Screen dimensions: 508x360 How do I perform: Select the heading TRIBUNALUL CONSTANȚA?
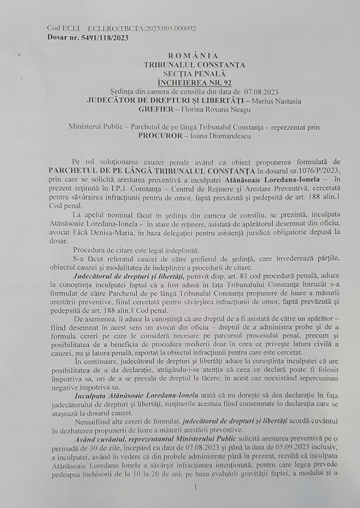(194, 64)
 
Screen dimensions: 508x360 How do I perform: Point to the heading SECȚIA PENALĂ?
(195, 73)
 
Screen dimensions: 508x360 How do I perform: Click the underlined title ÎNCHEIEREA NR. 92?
(194, 81)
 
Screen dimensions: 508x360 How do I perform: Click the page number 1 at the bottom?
(194, 487)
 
